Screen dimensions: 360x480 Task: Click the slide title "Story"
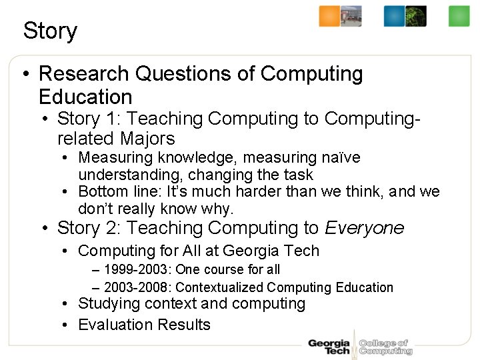pos(50,31)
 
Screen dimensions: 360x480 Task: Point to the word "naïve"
pos(341,158)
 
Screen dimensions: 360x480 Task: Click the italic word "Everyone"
pos(364,228)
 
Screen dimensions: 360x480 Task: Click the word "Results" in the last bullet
pos(183,325)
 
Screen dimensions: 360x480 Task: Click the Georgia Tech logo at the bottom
pos(329,347)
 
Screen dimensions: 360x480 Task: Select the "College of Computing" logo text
pos(385,347)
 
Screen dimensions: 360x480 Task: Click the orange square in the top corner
pos(329,16)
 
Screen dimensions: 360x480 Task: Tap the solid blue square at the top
pos(394,16)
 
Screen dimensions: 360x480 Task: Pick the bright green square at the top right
pos(459,16)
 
